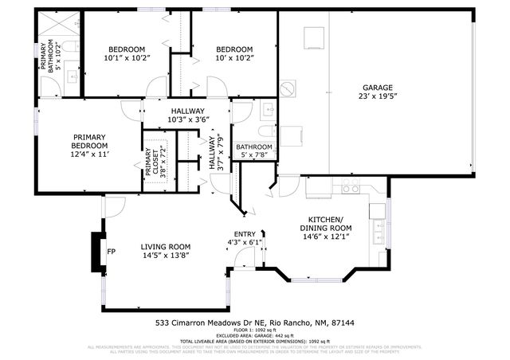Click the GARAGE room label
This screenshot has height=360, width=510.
pyautogui.click(x=379, y=88)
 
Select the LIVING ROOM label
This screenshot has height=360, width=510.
pyautogui.click(x=166, y=246)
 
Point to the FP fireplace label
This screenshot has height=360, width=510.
pyautogui.click(x=112, y=253)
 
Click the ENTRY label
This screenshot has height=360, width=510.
pyautogui.click(x=244, y=233)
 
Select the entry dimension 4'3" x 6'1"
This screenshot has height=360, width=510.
pyautogui.click(x=244, y=242)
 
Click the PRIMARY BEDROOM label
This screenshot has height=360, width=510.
pyautogui.click(x=90, y=141)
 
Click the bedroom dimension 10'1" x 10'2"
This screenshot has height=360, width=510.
pyautogui.click(x=127, y=57)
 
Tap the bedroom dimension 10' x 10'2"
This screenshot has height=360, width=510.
pyautogui.click(x=234, y=57)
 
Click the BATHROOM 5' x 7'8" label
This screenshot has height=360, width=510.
pyautogui.click(x=253, y=151)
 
